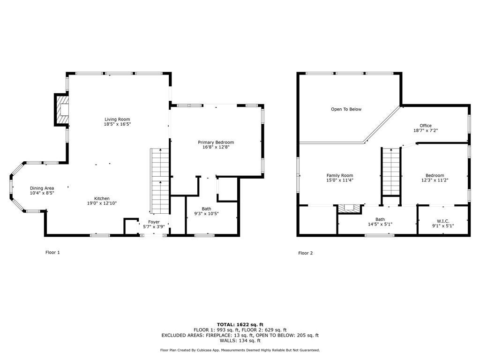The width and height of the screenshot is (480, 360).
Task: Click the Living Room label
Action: click(x=117, y=119)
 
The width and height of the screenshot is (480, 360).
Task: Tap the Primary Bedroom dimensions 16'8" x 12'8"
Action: click(x=216, y=147)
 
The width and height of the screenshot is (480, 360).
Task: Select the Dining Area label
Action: click(x=42, y=188)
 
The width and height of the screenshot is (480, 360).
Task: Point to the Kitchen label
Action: click(x=102, y=198)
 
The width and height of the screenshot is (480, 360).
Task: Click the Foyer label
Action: click(x=154, y=222)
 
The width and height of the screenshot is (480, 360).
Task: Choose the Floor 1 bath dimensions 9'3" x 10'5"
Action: click(x=206, y=214)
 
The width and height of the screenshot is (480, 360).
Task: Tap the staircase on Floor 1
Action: click(x=159, y=180)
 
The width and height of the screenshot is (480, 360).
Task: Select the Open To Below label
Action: click(x=346, y=109)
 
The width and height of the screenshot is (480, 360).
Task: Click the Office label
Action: click(x=425, y=126)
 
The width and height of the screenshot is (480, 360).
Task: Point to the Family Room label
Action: click(x=339, y=175)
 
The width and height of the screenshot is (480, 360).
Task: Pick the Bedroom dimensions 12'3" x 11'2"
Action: click(x=435, y=180)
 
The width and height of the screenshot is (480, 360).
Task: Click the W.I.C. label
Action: click(x=442, y=221)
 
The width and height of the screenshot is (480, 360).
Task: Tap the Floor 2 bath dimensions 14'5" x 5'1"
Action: click(x=380, y=225)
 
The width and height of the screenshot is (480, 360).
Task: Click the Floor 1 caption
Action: click(x=52, y=253)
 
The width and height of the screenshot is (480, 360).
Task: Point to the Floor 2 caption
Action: click(x=305, y=253)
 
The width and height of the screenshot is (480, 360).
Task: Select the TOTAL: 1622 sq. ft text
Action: click(x=240, y=324)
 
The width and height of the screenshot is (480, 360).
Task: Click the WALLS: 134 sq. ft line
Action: click(x=240, y=341)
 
